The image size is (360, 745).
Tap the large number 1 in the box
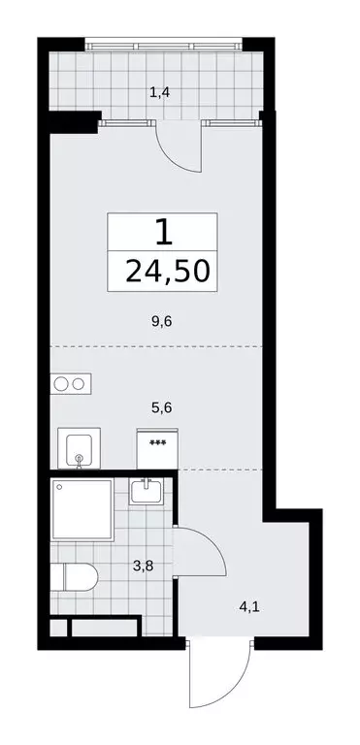[164, 233]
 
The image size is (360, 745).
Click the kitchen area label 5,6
[161, 409]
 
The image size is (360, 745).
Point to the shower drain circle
[60, 487]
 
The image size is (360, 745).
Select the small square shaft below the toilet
[58, 628]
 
